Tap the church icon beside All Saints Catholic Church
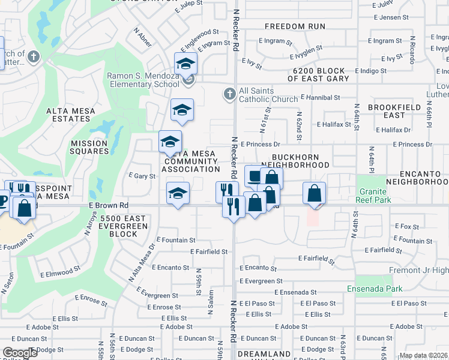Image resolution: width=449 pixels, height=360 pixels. coord(229,94)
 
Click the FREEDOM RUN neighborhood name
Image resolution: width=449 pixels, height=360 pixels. coord(295,26)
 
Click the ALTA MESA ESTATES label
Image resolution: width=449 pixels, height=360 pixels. coord(71,115)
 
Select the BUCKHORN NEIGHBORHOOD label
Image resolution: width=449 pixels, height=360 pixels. coord(295,160)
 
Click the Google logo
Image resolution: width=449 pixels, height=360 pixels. coord(20,353)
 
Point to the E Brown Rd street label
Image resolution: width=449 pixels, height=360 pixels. coord(109,205)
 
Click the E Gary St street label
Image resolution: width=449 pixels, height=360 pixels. coord(142,176)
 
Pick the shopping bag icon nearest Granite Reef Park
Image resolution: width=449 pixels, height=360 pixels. coord(314,194)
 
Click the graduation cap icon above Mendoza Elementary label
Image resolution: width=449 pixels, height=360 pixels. coord(185,64)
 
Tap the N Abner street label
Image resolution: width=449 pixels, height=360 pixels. coord(143,38)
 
